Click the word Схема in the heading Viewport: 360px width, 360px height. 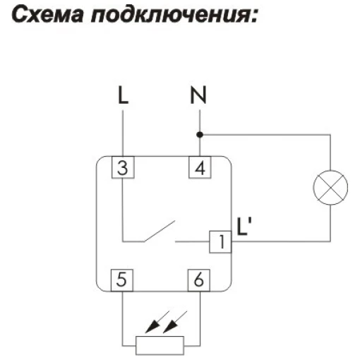click(47, 15)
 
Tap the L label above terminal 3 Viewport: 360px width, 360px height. click(123, 95)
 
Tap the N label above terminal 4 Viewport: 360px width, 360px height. click(198, 95)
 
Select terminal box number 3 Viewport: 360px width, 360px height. click(123, 167)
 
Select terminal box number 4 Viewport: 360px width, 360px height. click(200, 167)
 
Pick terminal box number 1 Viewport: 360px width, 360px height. click(220, 241)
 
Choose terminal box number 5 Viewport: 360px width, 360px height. click(122, 280)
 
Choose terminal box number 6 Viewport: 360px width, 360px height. click(199, 280)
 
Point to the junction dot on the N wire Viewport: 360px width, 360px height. click(200, 135)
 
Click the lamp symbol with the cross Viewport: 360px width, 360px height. click(330, 187)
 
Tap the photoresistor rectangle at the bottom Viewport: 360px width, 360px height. click(160, 345)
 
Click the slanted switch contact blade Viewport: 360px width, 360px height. click(160, 231)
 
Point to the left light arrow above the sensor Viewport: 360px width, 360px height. click(157, 322)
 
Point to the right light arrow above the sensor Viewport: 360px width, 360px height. click(175, 322)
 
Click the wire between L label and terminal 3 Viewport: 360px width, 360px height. click(123, 133)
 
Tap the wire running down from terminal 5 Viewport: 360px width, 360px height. click(122, 318)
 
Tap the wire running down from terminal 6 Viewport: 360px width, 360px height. click(200, 318)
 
